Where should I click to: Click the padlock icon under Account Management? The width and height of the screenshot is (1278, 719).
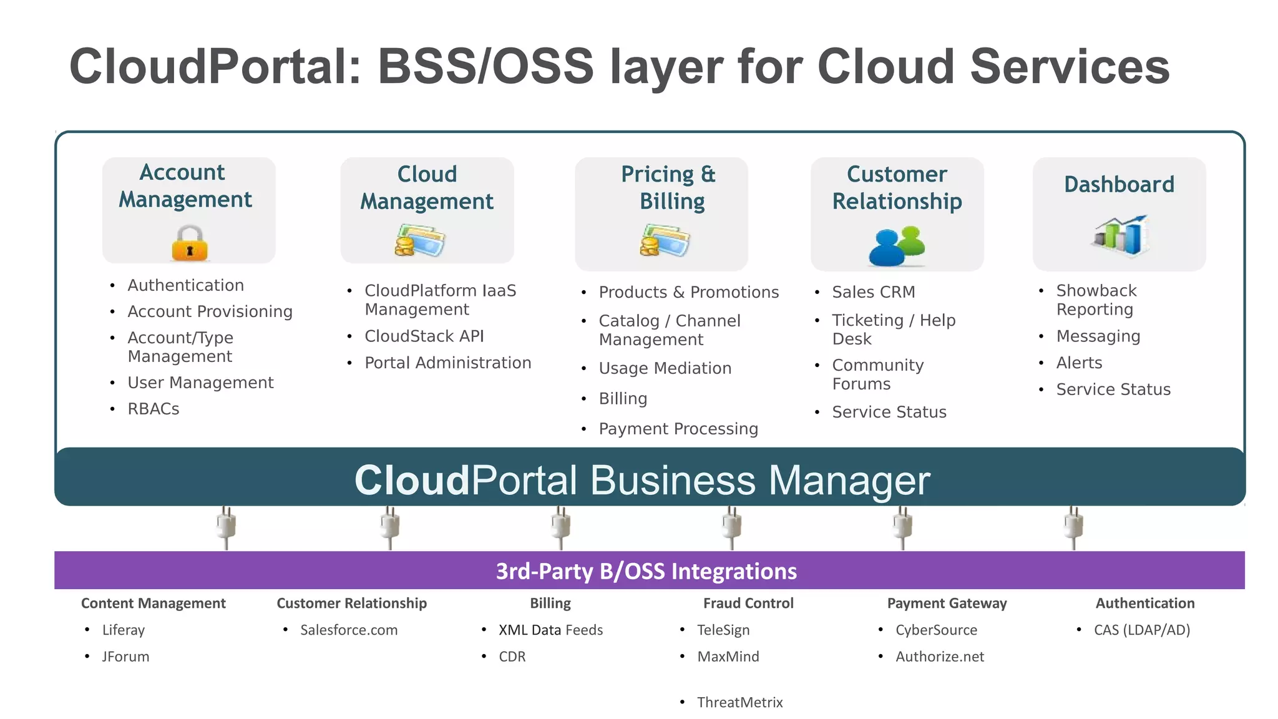189,243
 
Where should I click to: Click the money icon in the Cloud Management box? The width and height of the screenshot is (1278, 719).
419,241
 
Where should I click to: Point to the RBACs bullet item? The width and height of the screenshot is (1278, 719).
154,409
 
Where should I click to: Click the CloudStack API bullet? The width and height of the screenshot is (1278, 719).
424,336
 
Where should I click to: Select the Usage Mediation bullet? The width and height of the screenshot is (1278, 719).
665,368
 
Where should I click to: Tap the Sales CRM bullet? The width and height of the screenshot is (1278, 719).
873,292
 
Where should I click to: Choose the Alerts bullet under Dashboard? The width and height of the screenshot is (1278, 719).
1079,363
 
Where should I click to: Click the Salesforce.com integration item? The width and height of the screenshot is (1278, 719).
349,630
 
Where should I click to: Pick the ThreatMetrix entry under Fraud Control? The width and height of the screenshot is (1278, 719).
739,703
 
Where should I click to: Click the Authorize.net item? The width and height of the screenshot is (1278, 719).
940,657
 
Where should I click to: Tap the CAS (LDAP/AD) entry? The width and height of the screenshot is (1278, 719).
1142,630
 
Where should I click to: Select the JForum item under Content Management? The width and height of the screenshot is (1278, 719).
125,657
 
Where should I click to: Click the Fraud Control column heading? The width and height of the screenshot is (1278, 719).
748,604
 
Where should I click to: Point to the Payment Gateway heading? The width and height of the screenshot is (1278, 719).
947,604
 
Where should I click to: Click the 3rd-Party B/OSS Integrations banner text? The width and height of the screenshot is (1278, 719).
646,571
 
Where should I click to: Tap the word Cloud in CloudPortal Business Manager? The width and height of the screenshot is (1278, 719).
412,481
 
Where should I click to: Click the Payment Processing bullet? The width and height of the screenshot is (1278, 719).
678,429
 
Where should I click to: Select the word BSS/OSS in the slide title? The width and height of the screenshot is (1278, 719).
485,67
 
